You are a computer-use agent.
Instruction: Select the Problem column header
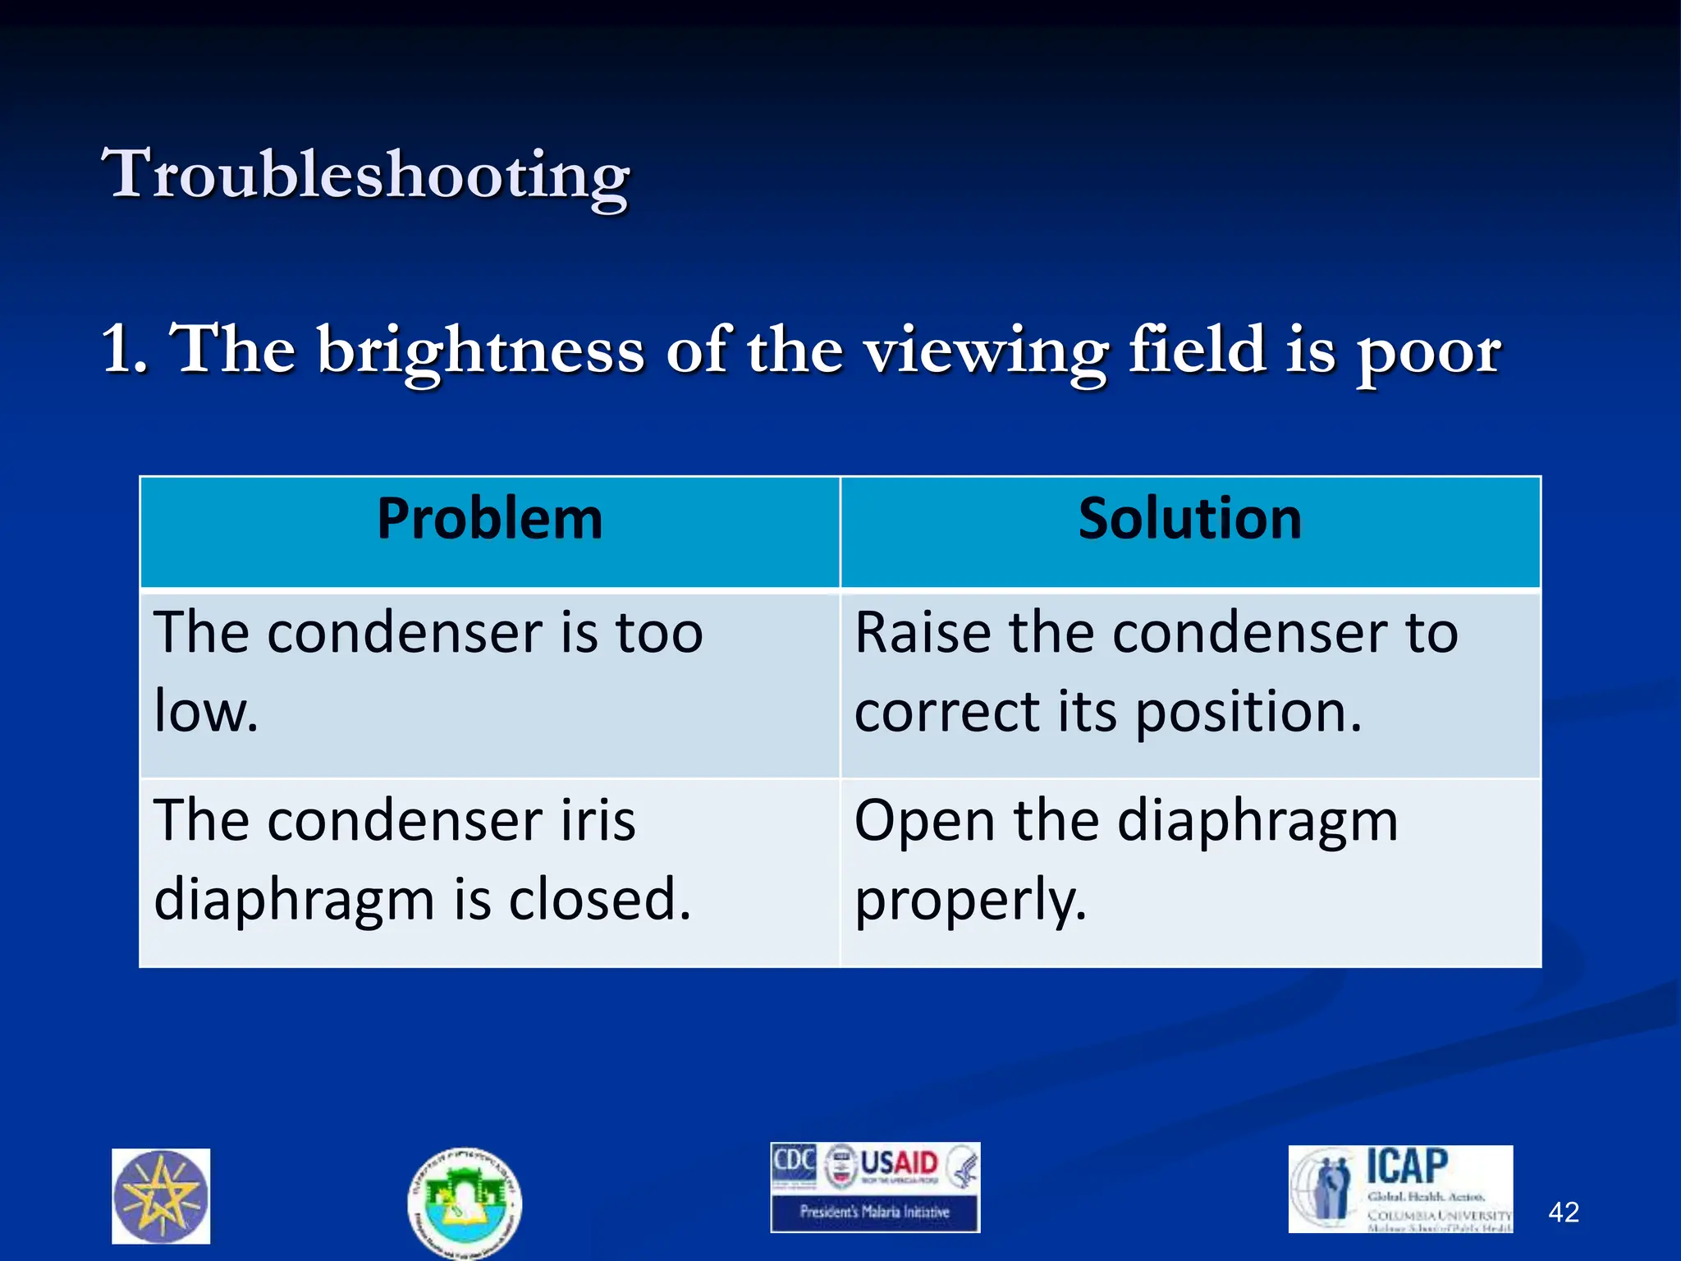point(490,520)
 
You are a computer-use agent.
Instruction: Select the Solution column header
point(1189,520)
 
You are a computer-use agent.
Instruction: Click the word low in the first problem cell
point(201,711)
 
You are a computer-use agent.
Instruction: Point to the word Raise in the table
point(922,633)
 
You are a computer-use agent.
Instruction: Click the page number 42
point(1563,1212)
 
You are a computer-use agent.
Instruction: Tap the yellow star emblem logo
point(161,1196)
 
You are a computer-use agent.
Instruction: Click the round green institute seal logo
point(465,1204)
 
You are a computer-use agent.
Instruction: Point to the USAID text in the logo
point(899,1162)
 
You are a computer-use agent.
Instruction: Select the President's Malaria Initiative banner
point(874,1212)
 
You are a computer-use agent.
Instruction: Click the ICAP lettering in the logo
point(1407,1167)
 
